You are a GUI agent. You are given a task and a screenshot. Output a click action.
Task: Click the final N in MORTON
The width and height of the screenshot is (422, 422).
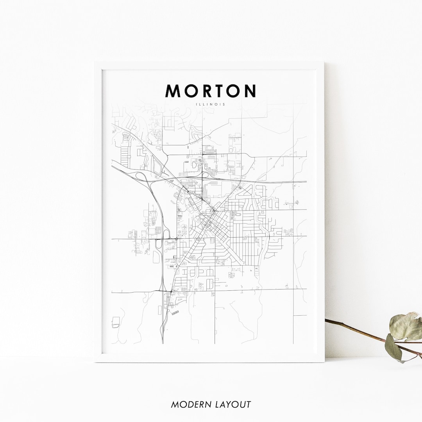pyautogui.click(x=250, y=91)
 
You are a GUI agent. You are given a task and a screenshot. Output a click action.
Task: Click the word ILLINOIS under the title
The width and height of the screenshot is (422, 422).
pyautogui.click(x=211, y=104)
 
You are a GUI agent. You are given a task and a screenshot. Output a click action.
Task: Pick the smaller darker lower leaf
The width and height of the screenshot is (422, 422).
pyautogui.click(x=393, y=347)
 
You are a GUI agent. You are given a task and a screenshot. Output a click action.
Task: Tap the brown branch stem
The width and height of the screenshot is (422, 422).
pyautogui.click(x=363, y=333)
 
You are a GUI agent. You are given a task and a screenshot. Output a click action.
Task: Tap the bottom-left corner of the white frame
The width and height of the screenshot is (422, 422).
pyautogui.click(x=95, y=362)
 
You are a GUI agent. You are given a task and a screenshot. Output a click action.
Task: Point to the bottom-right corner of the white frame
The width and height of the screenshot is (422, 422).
pyautogui.click(x=324, y=362)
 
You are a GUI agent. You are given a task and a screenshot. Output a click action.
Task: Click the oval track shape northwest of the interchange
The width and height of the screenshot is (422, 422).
pyautogui.click(x=157, y=167)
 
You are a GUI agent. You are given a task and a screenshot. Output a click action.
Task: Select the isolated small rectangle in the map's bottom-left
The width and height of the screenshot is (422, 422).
pyautogui.click(x=116, y=323)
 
